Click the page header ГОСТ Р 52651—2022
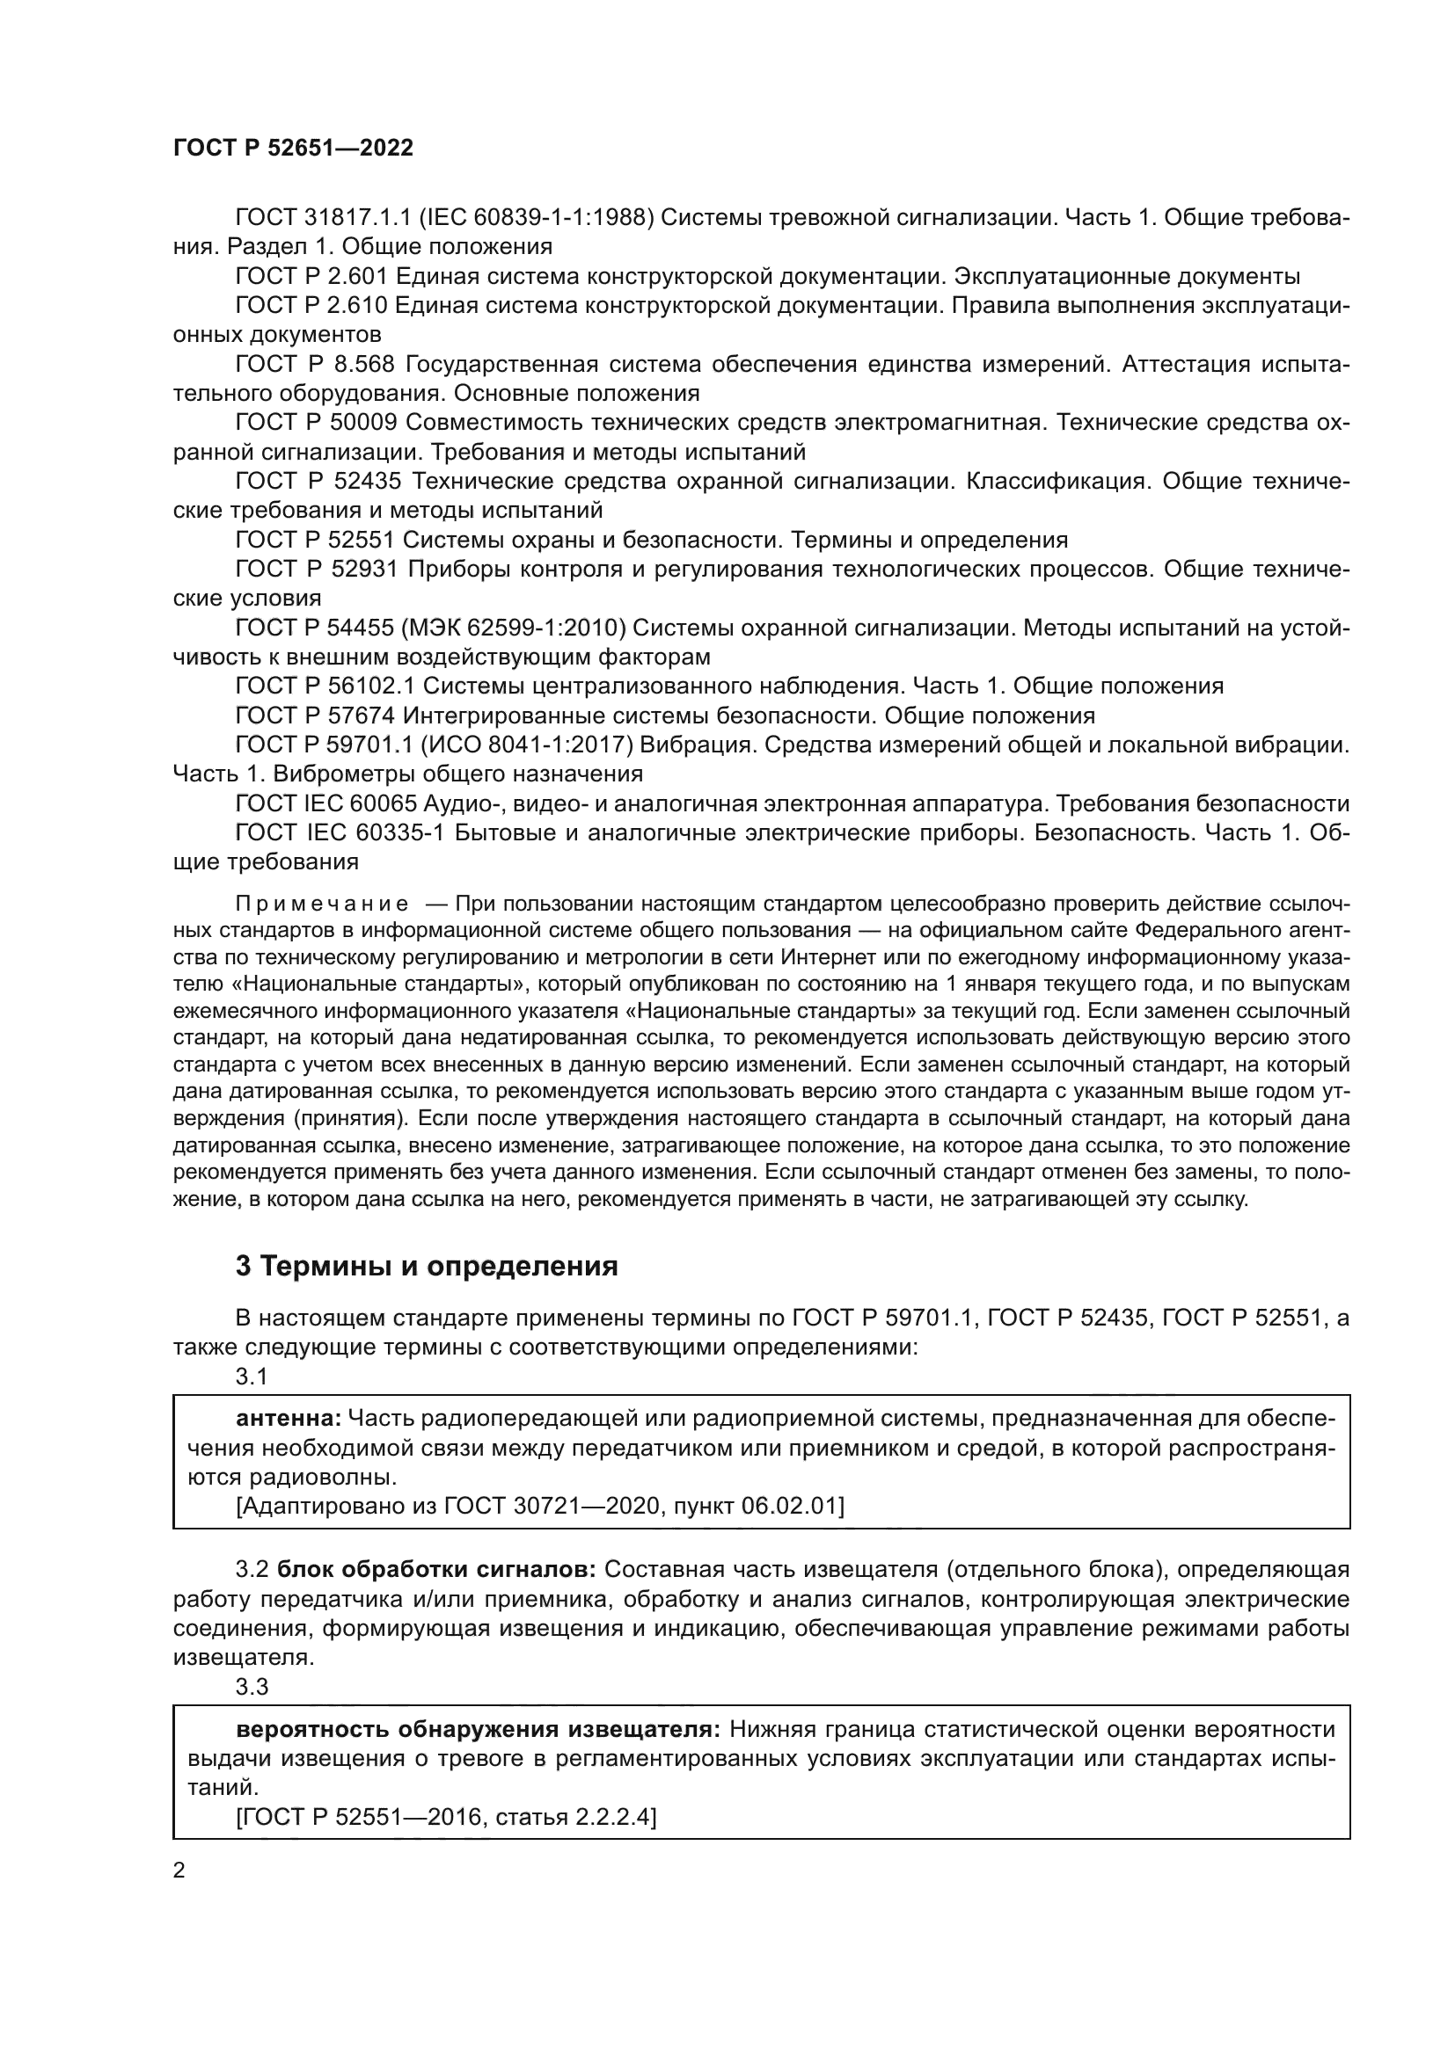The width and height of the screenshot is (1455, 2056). [293, 149]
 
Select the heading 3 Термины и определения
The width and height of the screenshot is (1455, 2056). [427, 1265]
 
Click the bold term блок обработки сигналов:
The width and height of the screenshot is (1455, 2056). [436, 1569]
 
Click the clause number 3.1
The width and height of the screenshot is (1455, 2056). [252, 1377]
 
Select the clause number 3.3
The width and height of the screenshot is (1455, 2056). [252, 1686]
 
